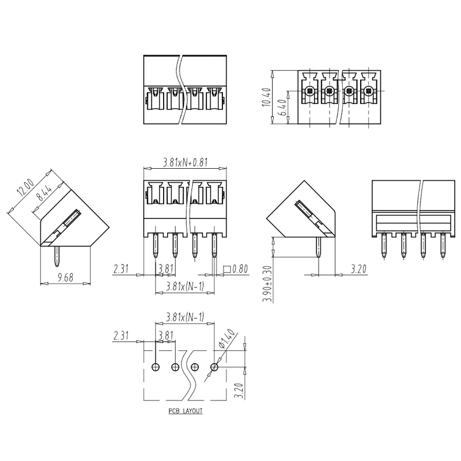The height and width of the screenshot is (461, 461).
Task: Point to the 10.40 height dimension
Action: click(266, 98)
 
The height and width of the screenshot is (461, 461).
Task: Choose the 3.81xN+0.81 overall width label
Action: click(185, 162)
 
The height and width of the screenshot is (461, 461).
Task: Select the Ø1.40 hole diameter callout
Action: click(230, 339)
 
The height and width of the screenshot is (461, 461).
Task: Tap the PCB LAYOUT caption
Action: click(185, 412)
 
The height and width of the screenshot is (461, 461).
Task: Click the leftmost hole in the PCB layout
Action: click(156, 367)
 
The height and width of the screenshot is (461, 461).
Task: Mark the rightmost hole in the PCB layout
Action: click(215, 367)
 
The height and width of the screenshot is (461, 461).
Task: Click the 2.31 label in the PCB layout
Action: click(122, 335)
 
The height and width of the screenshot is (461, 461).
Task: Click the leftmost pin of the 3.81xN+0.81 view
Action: click(156, 245)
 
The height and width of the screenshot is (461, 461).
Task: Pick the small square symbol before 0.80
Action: click(226, 269)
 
